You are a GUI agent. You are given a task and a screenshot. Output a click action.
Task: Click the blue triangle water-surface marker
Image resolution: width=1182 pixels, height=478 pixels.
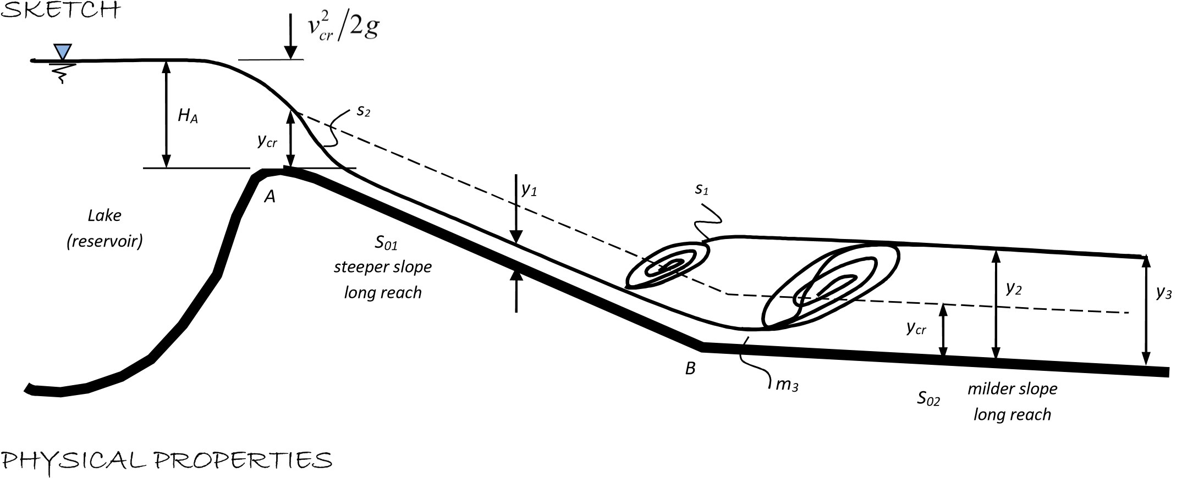(x=63, y=52)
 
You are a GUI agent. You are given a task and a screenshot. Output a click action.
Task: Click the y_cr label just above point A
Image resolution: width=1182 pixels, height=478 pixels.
(x=268, y=141)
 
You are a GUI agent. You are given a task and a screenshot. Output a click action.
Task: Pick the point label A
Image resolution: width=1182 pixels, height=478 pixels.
(x=270, y=197)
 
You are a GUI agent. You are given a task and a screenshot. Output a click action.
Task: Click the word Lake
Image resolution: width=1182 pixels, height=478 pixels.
(x=105, y=215)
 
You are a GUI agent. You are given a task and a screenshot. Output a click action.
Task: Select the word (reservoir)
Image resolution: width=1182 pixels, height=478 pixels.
(x=105, y=241)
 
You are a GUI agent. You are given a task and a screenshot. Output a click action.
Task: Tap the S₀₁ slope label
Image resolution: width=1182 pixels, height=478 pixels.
(x=386, y=242)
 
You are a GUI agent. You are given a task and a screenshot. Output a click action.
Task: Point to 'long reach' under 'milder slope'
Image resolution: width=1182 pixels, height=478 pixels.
(x=1012, y=414)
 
